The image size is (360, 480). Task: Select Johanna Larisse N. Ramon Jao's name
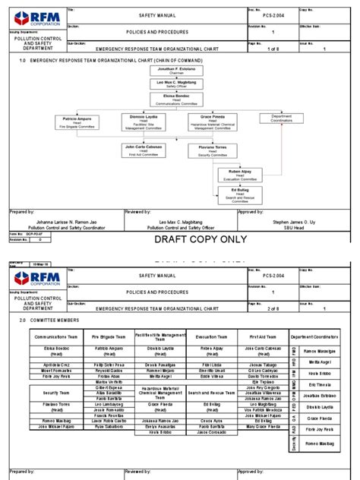tap(63, 222)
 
